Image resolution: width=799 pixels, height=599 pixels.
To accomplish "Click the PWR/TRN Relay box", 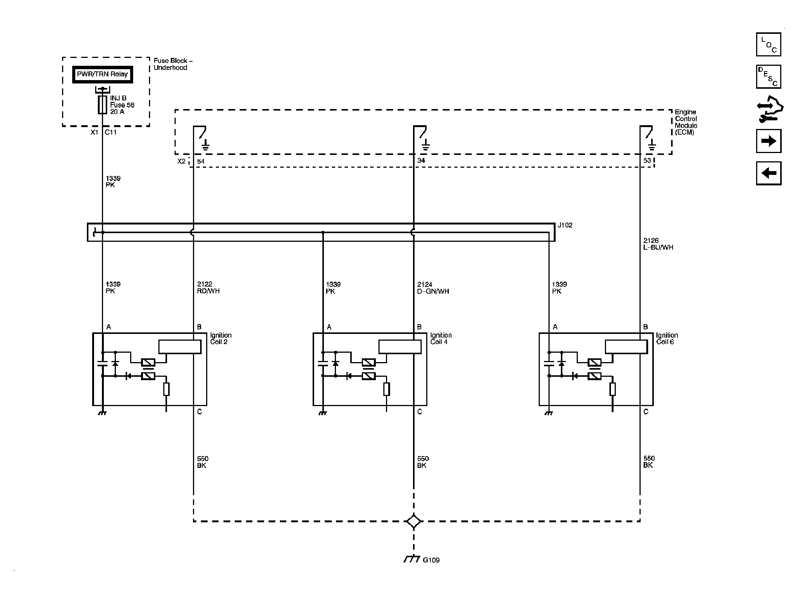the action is click(102, 74).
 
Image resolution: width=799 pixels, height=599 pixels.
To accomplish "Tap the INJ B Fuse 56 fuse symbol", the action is click(102, 105).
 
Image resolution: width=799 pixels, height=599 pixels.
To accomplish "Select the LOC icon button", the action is click(769, 44).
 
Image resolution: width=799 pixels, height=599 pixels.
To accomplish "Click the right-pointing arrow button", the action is click(769, 141).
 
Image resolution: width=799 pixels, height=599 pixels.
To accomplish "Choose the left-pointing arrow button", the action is click(769, 173).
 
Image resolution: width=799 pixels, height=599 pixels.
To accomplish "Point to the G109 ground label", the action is click(431, 570).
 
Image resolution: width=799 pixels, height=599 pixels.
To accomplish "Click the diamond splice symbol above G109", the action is click(414, 521).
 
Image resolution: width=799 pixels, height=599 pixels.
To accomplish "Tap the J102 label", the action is click(565, 225).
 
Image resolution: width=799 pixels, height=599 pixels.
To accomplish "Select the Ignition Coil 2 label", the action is click(221, 338).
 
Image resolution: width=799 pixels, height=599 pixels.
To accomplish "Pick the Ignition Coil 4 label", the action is click(441, 338).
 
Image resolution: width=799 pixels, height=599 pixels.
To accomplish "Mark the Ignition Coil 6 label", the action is click(667, 338).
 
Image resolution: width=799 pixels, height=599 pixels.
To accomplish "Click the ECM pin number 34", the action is click(421, 161).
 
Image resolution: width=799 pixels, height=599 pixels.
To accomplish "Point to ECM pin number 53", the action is click(647, 161).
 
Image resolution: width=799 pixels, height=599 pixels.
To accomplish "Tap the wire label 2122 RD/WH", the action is click(208, 288).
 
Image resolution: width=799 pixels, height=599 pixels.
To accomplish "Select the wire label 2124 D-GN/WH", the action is click(433, 288).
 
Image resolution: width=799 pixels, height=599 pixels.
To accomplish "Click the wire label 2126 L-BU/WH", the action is click(658, 244).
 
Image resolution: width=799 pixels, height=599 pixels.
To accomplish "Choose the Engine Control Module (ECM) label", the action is click(686, 122).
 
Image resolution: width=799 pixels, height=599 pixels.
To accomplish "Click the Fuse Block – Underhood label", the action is click(173, 64).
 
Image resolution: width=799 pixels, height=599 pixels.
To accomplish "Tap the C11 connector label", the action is click(111, 132).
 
